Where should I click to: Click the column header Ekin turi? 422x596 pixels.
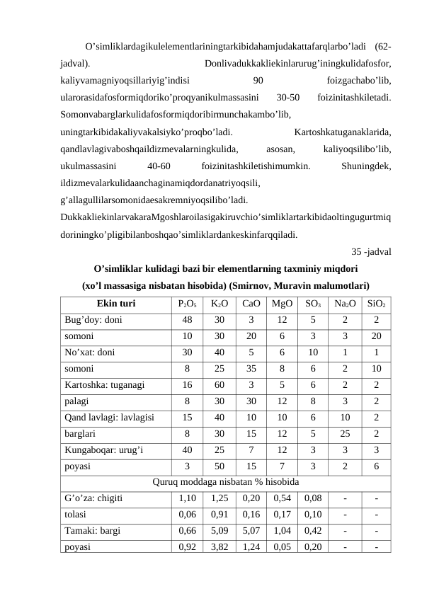click(x=112, y=304)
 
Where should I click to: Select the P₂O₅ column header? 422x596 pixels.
click(x=187, y=304)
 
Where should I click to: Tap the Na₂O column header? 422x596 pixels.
click(x=345, y=304)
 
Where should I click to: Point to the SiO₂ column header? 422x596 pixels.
click(x=377, y=304)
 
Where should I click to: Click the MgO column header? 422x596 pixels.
click(x=282, y=304)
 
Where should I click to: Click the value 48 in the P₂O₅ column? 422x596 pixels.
click(x=187, y=319)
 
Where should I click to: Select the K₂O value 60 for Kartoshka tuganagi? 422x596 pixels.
click(x=219, y=386)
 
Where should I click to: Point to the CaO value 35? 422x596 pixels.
click(x=251, y=369)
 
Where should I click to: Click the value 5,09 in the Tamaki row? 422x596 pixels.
click(x=219, y=531)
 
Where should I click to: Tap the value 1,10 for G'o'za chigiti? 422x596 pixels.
click(x=187, y=498)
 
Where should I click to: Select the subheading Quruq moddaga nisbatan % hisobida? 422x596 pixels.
click(x=225, y=482)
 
